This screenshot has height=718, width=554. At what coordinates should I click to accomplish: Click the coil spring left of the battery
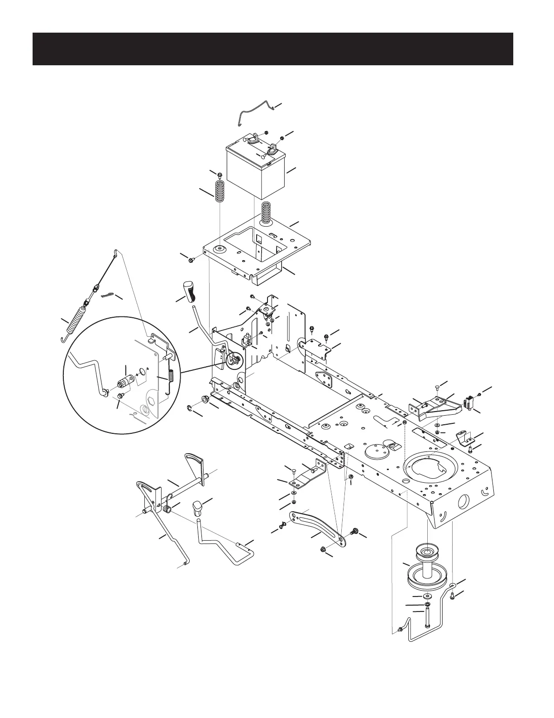coord(220,191)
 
